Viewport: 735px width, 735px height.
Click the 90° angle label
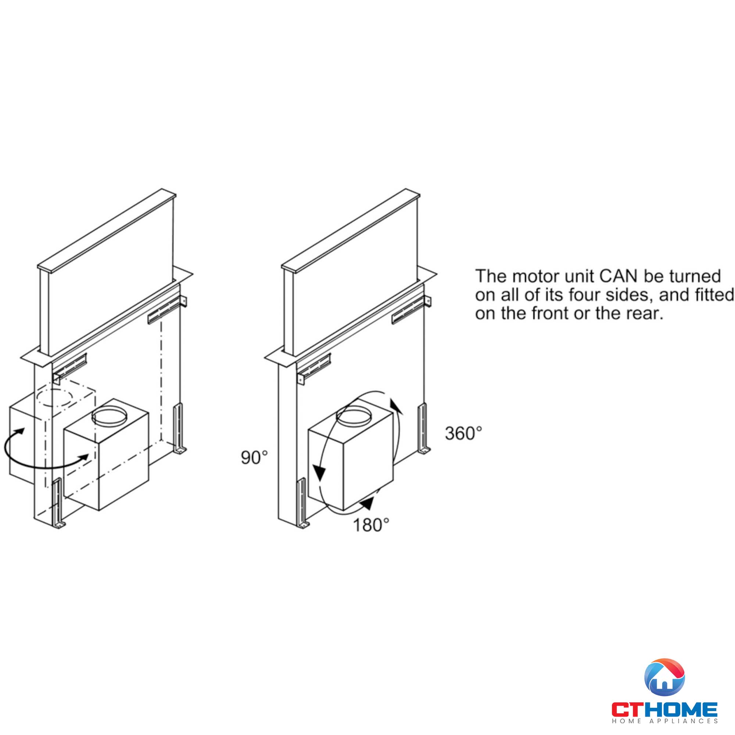255,457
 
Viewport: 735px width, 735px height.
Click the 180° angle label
371,525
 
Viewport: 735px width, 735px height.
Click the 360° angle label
463,433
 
